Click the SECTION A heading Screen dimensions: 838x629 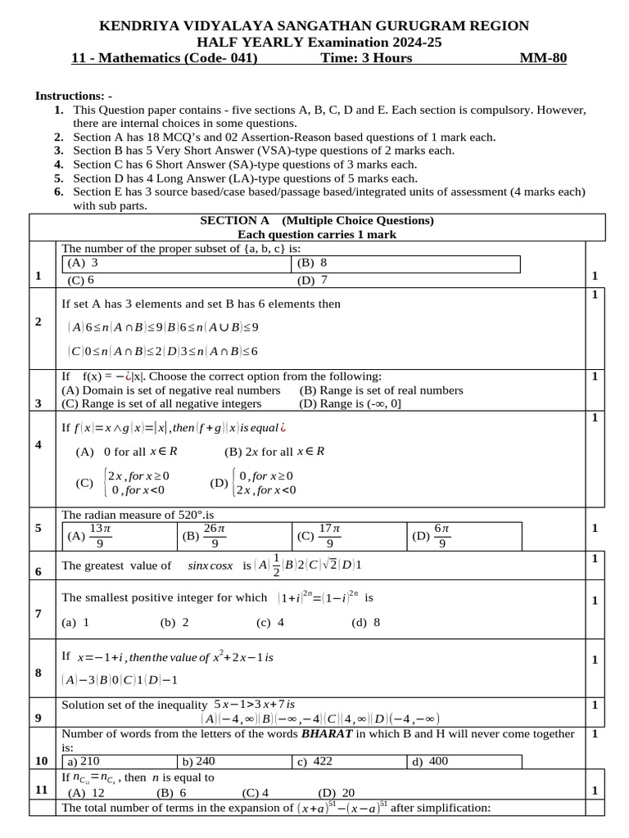tap(235, 221)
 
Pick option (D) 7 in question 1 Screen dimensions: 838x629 tap(313, 280)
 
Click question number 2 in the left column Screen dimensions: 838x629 tap(38, 322)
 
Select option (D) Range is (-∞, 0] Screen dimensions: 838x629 tap(351, 403)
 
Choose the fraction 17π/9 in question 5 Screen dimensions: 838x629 tap(329, 536)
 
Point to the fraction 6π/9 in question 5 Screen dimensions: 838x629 tap(441, 536)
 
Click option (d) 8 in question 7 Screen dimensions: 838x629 tap(366, 622)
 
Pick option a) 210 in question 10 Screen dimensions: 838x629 tap(83, 761)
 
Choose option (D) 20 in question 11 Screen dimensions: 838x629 tap(337, 792)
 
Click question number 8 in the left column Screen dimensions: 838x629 tap(38, 673)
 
